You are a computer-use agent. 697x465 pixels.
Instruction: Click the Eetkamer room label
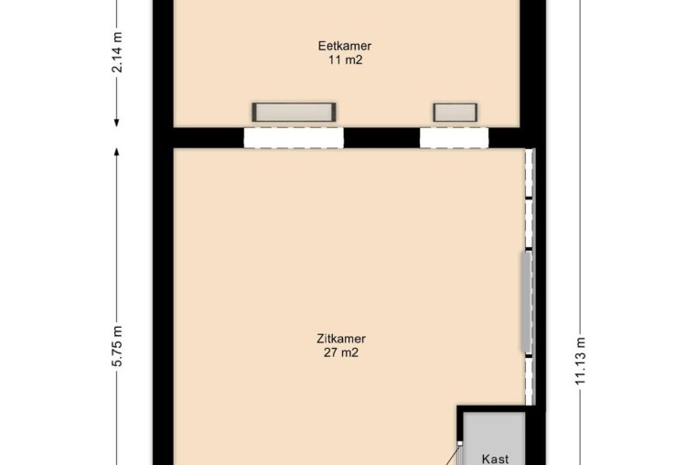[345, 46]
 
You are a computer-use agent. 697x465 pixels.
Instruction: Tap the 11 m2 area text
[346, 59]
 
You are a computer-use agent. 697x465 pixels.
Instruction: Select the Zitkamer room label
[341, 339]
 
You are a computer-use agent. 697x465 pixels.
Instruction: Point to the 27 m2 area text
[341, 352]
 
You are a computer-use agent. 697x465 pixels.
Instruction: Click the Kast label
[495, 459]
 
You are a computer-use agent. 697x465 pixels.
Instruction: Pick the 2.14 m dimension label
[117, 52]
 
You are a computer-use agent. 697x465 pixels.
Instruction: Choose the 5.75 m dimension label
[117, 346]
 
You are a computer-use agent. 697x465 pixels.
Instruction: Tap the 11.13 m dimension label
[581, 362]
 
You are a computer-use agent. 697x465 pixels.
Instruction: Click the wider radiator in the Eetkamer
[294, 113]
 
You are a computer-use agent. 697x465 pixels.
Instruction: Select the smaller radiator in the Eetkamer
[456, 113]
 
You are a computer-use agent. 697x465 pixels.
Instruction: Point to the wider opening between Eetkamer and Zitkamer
[294, 138]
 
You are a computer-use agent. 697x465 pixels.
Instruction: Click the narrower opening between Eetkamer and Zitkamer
[454, 138]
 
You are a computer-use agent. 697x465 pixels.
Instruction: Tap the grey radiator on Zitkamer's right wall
[527, 303]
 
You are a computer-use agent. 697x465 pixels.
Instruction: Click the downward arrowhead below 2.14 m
[117, 122]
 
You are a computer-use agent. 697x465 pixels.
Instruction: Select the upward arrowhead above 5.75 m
[117, 152]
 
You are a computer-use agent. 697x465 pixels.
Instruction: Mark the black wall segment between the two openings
[381, 138]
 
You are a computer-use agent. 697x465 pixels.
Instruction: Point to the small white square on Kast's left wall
[459, 443]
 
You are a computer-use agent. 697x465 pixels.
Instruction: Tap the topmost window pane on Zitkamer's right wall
[529, 173]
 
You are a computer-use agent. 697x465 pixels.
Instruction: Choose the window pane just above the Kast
[529, 382]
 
